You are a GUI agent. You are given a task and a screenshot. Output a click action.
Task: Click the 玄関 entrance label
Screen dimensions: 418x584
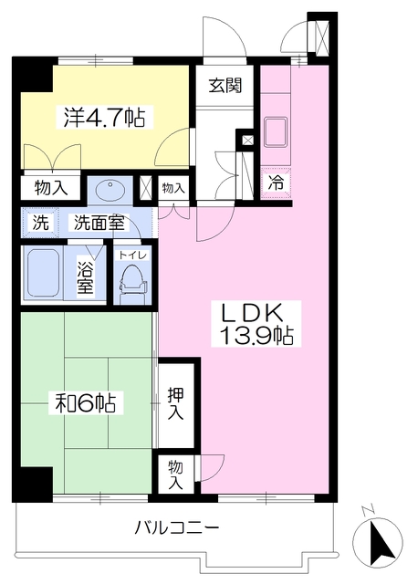[x=225, y=85]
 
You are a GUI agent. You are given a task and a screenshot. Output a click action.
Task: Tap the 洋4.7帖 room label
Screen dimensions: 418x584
[x=104, y=117]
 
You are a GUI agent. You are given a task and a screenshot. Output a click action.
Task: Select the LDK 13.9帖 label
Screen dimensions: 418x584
[x=256, y=323]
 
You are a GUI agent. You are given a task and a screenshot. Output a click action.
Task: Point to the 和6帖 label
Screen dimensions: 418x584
[x=85, y=402]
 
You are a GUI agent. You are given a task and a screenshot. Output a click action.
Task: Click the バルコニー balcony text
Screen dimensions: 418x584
[x=177, y=527]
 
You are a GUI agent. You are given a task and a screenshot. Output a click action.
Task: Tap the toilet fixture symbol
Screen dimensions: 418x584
[x=132, y=284]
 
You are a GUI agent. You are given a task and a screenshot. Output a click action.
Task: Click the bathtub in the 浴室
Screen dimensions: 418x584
[x=43, y=273]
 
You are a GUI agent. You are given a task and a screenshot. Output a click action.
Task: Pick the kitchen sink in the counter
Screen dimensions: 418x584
[x=276, y=131]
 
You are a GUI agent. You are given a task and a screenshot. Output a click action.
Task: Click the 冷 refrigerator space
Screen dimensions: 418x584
[x=276, y=182]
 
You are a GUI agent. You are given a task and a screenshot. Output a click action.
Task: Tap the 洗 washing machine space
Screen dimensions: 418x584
[x=40, y=223]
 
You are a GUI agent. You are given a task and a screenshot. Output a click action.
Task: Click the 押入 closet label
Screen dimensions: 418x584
[x=175, y=403]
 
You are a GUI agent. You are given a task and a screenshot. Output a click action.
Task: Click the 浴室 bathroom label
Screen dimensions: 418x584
[x=85, y=276]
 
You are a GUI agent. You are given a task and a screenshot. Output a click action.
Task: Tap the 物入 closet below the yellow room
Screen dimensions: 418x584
[x=51, y=188]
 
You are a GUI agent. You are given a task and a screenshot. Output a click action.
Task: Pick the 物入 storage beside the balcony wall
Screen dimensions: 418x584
[x=175, y=474]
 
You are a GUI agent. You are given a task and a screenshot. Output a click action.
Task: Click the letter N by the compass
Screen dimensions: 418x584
[x=368, y=511]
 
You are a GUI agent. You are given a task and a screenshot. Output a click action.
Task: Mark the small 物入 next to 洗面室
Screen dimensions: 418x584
[x=173, y=188]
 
